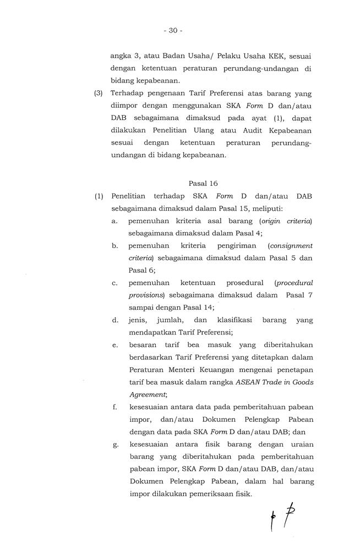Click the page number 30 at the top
coord(172,31)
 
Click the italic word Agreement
coord(147,394)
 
